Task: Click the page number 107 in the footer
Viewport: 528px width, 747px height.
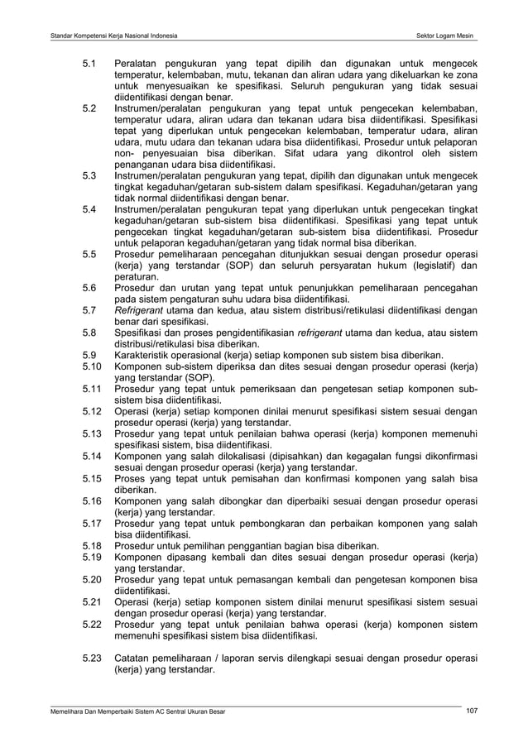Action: coord(473,711)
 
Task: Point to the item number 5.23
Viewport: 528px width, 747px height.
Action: coord(92,658)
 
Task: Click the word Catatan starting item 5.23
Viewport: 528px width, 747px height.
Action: coord(135,658)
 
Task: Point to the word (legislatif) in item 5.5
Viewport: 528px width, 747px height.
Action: coord(427,266)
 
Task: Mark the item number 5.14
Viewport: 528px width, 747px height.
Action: coord(92,456)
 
